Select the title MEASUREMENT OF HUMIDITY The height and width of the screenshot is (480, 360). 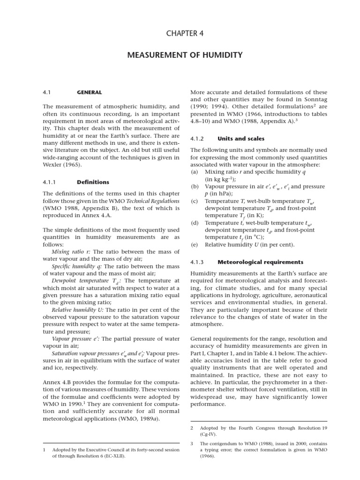[x=185, y=55]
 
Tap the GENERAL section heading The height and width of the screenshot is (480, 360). [x=89, y=92]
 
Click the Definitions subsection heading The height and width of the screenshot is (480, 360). [x=93, y=182]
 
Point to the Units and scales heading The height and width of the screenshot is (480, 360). [x=241, y=139]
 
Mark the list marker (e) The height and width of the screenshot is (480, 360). [x=194, y=245]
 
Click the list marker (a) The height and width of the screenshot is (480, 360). [x=194, y=172]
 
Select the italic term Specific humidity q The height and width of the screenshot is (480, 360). [x=73, y=266]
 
